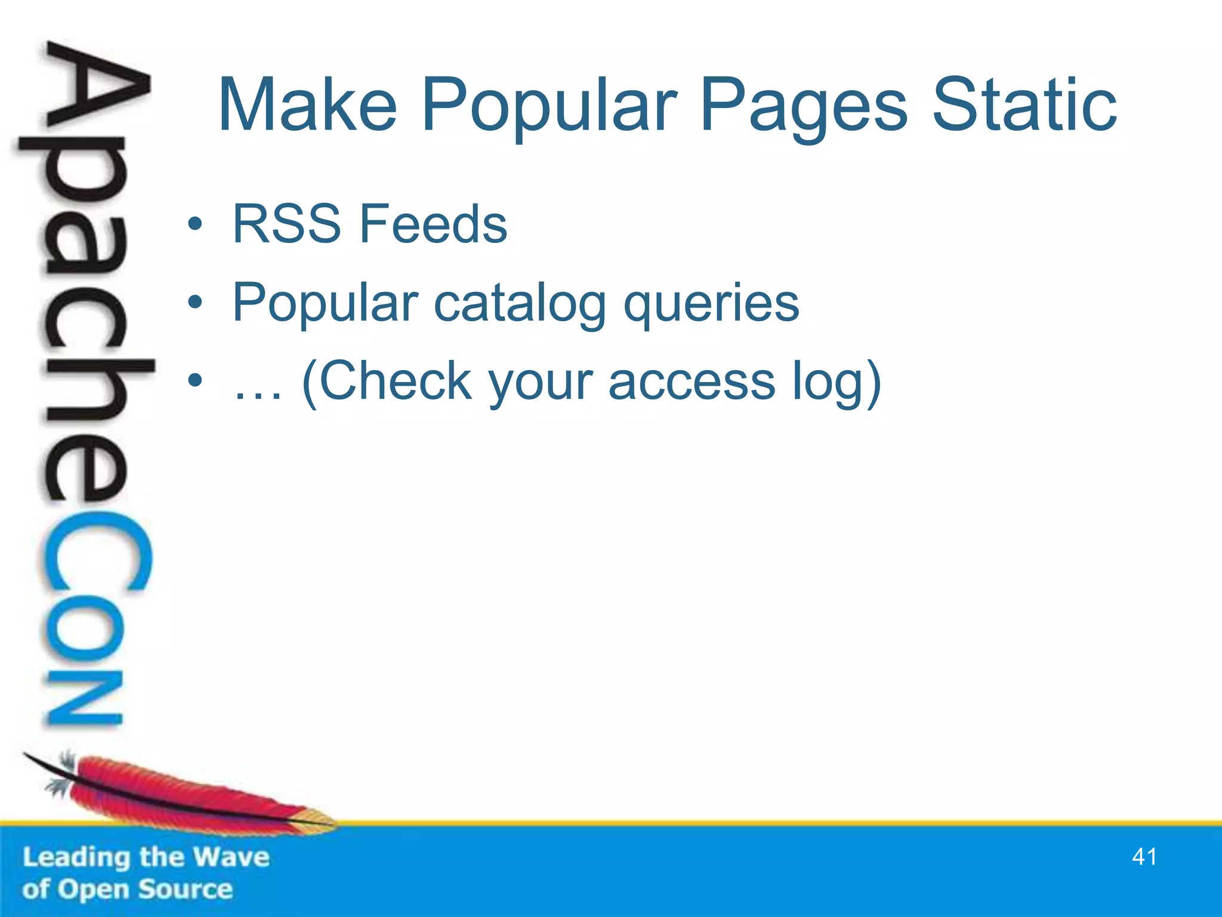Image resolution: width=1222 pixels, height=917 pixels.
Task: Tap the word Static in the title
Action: tap(1024, 106)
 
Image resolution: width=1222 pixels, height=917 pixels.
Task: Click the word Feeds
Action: tap(433, 224)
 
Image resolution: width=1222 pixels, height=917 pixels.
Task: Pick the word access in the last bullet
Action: tap(692, 383)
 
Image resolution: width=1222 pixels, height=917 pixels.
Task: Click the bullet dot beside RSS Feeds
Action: tap(195, 225)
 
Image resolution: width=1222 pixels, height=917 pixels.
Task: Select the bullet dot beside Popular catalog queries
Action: tap(195, 304)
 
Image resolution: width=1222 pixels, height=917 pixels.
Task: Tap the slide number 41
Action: tap(1144, 857)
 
